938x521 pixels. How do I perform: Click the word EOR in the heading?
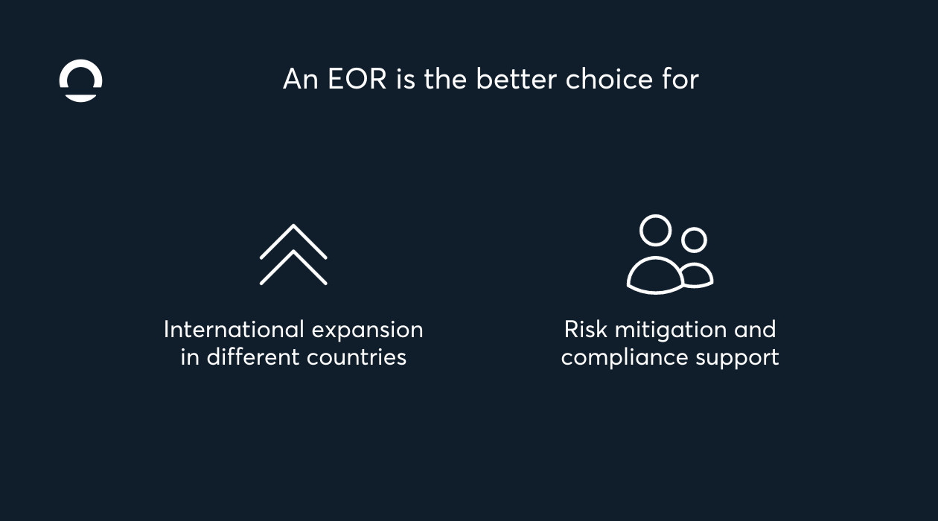click(x=357, y=79)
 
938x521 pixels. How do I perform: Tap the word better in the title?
click(x=517, y=78)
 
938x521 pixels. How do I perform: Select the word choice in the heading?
click(x=609, y=78)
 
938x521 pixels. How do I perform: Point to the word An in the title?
click(x=300, y=79)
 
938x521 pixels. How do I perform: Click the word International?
click(x=234, y=329)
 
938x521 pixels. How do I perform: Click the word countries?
click(x=357, y=357)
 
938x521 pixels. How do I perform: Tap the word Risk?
click(x=585, y=329)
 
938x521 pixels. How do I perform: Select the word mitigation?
click(x=671, y=330)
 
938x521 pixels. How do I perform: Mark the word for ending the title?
click(x=680, y=78)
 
